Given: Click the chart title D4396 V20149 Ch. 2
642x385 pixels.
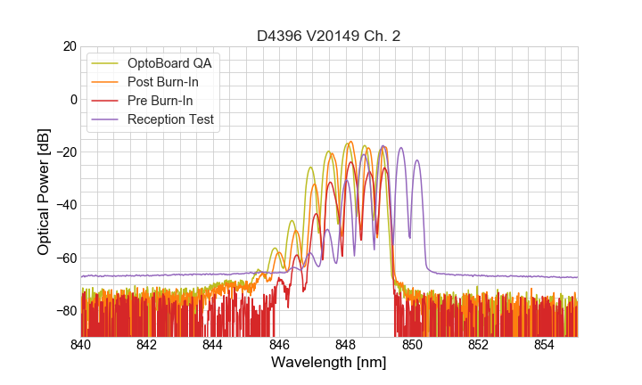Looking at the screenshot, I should coord(329,36).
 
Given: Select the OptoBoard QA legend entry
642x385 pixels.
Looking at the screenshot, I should coord(169,63).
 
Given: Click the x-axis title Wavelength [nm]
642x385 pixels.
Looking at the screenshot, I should coord(329,364).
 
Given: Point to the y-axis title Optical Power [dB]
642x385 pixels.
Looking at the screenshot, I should coord(44,192).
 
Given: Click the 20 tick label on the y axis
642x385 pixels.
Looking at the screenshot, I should coord(68,46).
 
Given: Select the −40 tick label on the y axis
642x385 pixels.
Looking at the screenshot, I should coord(64,205).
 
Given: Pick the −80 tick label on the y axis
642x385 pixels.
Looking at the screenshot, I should coord(64,311).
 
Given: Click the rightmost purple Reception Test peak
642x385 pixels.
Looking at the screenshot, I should coord(416,161).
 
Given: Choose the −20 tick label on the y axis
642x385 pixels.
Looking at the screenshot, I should coord(64,152).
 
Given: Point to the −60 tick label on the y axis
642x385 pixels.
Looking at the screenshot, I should coord(64,258).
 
